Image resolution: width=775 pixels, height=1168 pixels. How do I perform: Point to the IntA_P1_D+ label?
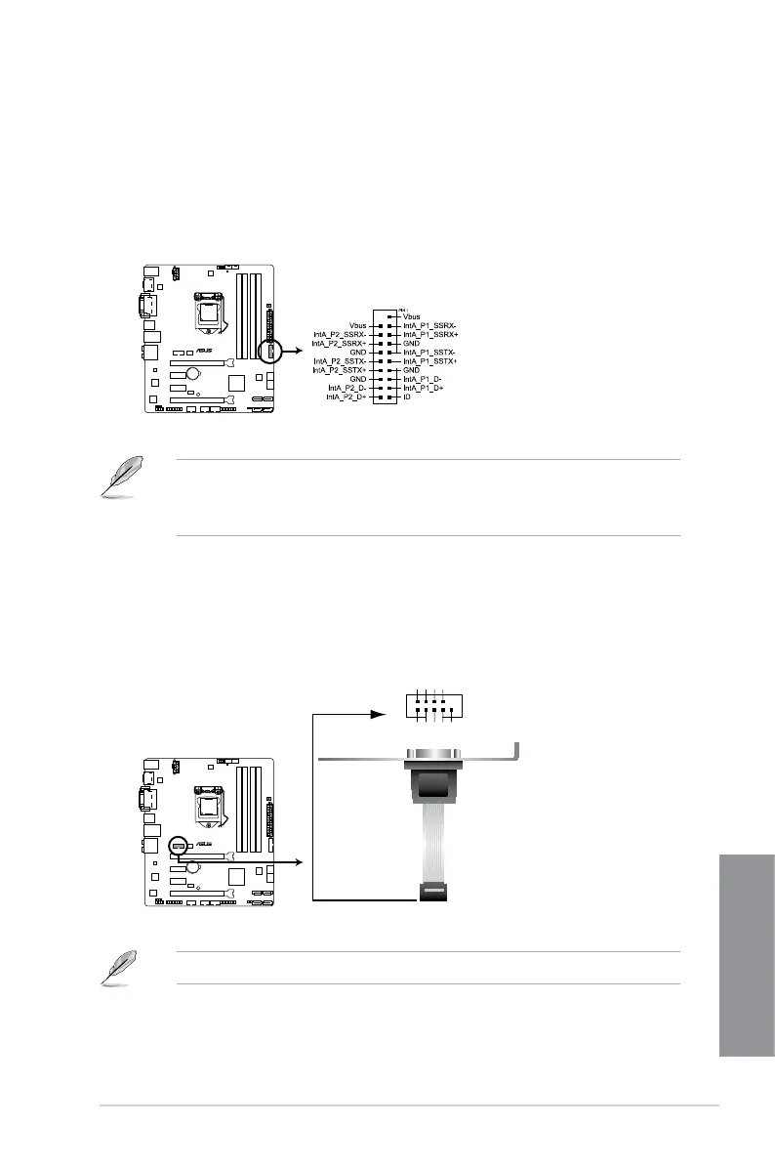point(425,389)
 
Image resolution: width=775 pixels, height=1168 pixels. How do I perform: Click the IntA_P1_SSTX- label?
point(430,352)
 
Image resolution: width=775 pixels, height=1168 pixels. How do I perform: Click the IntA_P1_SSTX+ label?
point(430,361)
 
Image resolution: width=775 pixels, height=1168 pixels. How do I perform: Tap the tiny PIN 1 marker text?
point(392,307)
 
